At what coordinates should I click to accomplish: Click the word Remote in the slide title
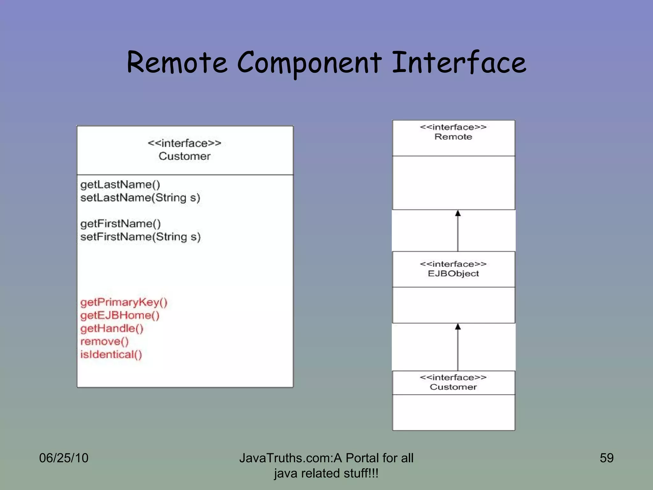coord(177,63)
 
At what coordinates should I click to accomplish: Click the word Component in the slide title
coord(309,63)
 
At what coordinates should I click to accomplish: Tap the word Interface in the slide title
coord(459,63)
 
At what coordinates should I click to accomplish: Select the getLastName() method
coord(120,185)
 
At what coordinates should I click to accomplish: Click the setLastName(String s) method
coord(140,198)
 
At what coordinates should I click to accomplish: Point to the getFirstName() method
coord(121,224)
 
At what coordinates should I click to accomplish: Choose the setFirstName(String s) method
coord(140,237)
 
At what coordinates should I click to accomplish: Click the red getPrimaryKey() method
coord(124,302)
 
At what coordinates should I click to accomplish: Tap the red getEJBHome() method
coord(120,315)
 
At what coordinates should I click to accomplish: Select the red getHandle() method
coord(112,328)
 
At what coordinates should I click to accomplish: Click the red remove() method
coord(104,341)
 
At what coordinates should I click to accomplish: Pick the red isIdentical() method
coord(111,354)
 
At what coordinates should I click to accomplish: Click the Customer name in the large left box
coord(184,156)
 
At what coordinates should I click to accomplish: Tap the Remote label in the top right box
coord(453,137)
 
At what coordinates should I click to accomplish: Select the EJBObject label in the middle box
coord(453,274)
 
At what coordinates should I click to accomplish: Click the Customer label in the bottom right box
coord(453,387)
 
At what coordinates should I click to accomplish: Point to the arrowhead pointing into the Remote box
coord(458,213)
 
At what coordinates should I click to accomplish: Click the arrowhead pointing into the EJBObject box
coord(458,327)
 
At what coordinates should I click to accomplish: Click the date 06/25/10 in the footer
coord(64,458)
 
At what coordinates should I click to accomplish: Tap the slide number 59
coord(606,458)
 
